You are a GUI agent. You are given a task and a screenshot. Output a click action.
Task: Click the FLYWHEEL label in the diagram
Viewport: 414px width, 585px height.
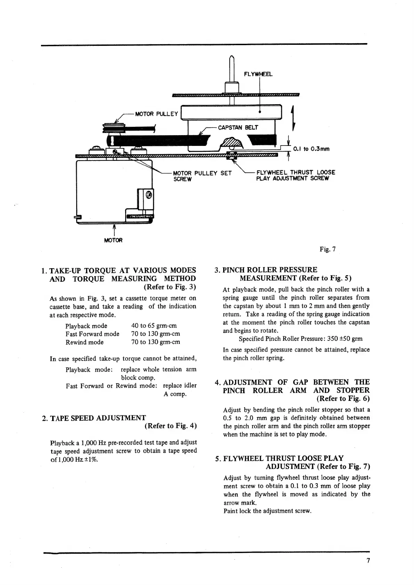(258, 74)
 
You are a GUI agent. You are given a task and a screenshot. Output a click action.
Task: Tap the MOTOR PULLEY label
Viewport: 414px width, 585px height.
(156, 114)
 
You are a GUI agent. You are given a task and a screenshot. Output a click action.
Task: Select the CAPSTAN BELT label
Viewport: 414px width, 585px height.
(238, 127)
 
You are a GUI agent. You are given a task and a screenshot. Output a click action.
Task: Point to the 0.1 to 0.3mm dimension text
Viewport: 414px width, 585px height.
(311, 149)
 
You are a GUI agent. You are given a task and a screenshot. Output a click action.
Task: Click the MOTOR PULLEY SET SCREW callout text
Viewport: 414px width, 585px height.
(202, 176)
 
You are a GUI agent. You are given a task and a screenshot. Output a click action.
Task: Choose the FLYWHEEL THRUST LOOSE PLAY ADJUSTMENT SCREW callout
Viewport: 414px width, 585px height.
(295, 175)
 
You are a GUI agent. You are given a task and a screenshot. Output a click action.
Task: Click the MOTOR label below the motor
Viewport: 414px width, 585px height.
(113, 240)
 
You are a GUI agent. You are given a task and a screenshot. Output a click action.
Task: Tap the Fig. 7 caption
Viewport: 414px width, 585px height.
(327, 249)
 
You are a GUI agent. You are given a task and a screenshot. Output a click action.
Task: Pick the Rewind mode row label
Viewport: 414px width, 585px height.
(84, 342)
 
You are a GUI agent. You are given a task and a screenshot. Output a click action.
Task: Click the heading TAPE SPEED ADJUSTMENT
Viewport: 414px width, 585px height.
(98, 418)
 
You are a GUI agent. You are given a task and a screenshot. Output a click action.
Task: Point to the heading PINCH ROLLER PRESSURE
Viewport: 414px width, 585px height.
(270, 270)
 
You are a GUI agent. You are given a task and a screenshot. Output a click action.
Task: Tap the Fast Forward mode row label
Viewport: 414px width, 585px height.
(92, 334)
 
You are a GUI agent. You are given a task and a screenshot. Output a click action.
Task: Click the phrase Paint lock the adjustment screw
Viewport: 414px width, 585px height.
(267, 511)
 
